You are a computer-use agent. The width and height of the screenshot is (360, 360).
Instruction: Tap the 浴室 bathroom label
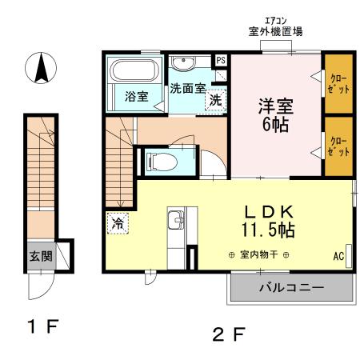pyautogui.click(x=136, y=97)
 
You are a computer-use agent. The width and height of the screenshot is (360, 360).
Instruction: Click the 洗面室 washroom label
pyautogui.click(x=186, y=89)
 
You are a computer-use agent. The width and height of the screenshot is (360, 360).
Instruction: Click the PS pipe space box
pyautogui.click(x=221, y=60)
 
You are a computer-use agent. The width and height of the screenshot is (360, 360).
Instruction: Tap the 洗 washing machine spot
pyautogui.click(x=214, y=101)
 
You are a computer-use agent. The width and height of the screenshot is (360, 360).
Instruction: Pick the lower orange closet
pyautogui.click(x=338, y=145)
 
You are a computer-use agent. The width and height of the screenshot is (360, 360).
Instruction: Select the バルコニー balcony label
pyautogui.click(x=290, y=287)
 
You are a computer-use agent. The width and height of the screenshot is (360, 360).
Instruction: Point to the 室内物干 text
pyautogui.click(x=256, y=255)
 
